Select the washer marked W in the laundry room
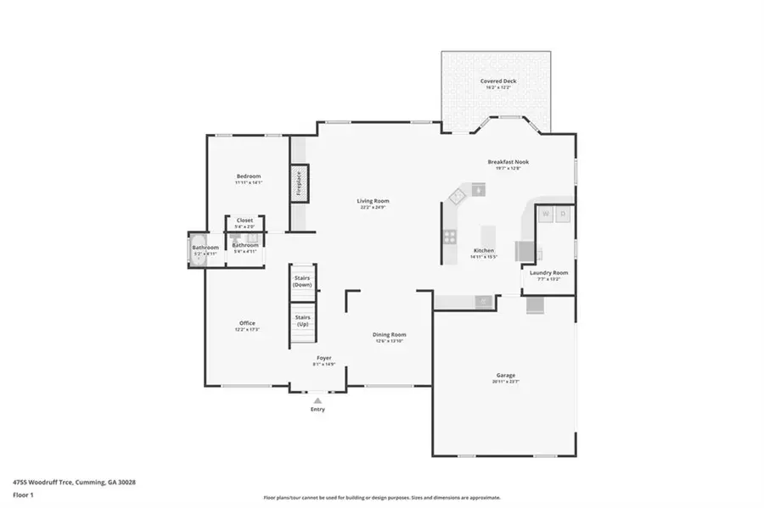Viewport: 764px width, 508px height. (x=546, y=214)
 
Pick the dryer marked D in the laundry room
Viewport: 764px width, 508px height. (x=563, y=214)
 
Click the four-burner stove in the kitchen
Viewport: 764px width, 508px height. (x=448, y=236)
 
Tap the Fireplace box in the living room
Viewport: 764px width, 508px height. (x=299, y=183)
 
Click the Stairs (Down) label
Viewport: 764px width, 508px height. (x=302, y=282)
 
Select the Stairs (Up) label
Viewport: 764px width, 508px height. (x=302, y=321)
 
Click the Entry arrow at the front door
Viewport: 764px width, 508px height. (x=317, y=399)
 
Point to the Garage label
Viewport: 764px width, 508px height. (x=506, y=375)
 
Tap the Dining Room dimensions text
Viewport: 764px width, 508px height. (x=390, y=341)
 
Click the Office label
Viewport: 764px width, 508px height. (x=247, y=322)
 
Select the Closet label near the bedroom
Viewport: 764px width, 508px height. (x=244, y=221)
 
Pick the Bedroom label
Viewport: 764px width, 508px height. (x=249, y=176)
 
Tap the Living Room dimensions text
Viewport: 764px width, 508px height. (x=373, y=207)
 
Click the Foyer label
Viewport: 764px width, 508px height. (x=324, y=358)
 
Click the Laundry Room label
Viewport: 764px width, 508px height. (x=548, y=272)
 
